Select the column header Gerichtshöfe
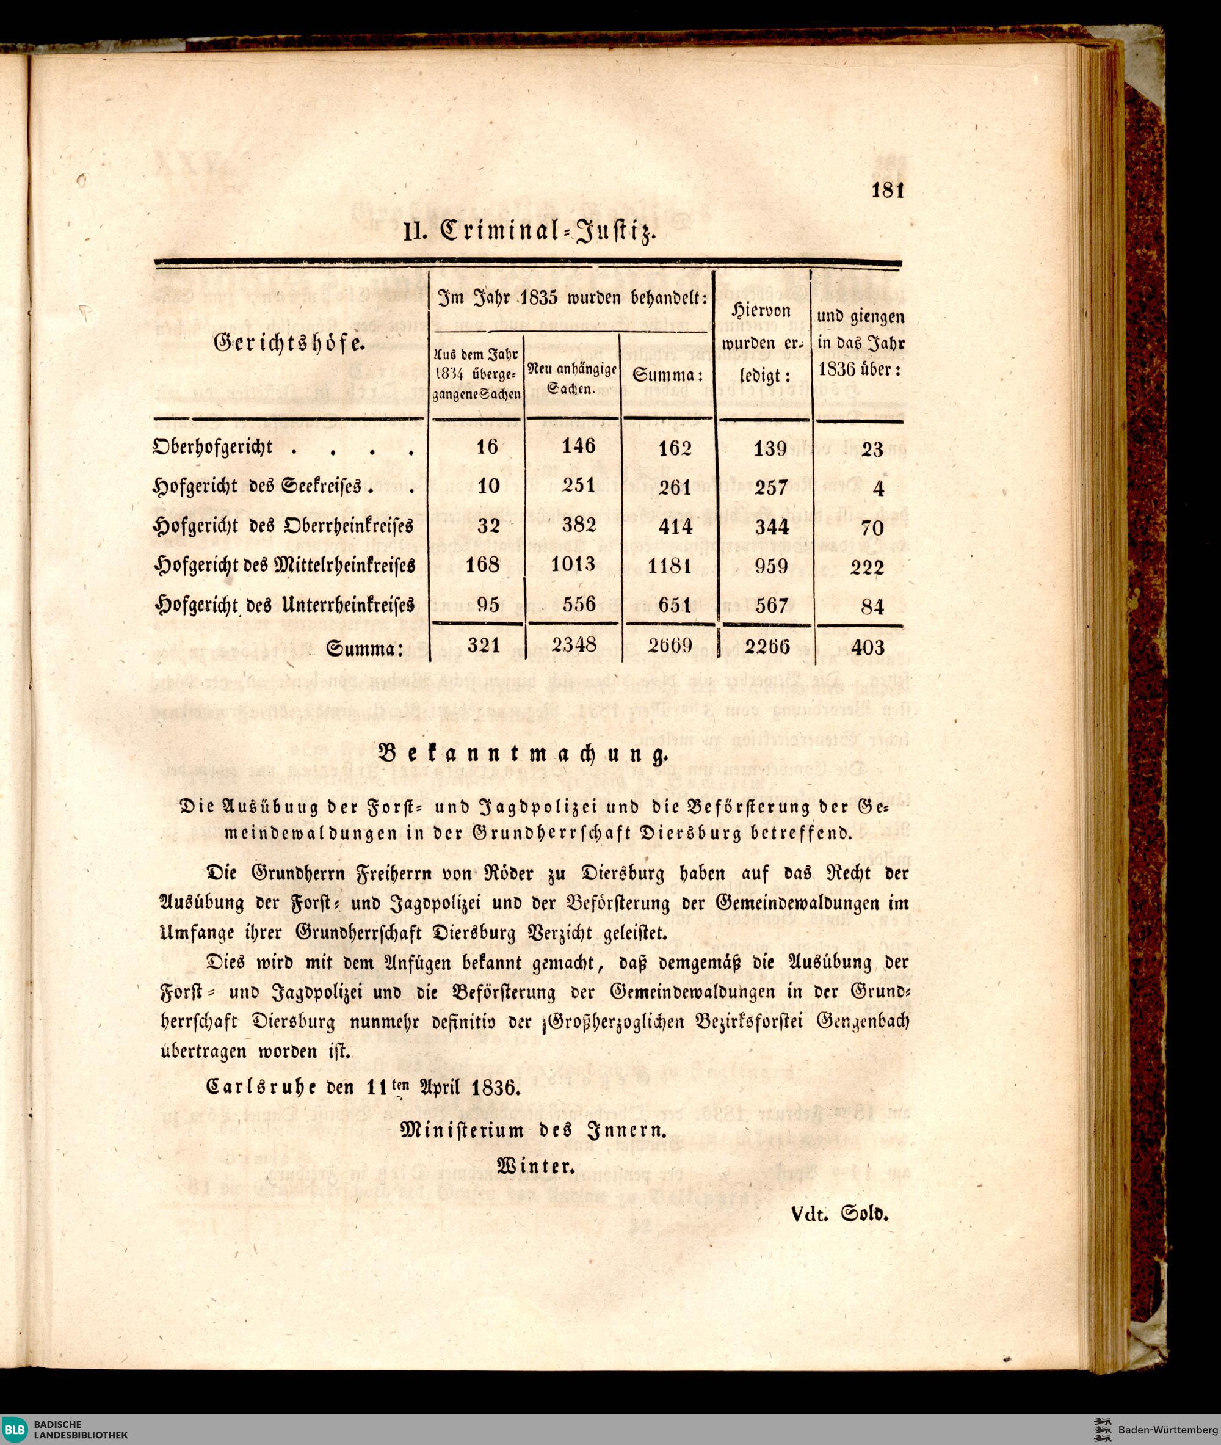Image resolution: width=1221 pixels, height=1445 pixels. click(289, 342)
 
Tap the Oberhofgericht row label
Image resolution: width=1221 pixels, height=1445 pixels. click(212, 447)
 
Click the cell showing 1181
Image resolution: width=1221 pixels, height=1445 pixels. click(670, 566)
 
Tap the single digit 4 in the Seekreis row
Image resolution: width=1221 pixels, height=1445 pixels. click(879, 489)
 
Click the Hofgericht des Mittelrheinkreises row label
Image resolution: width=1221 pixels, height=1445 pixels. click(284, 565)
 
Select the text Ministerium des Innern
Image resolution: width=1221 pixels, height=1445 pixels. click(534, 1130)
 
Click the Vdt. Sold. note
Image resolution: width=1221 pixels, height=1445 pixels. click(838, 1213)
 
